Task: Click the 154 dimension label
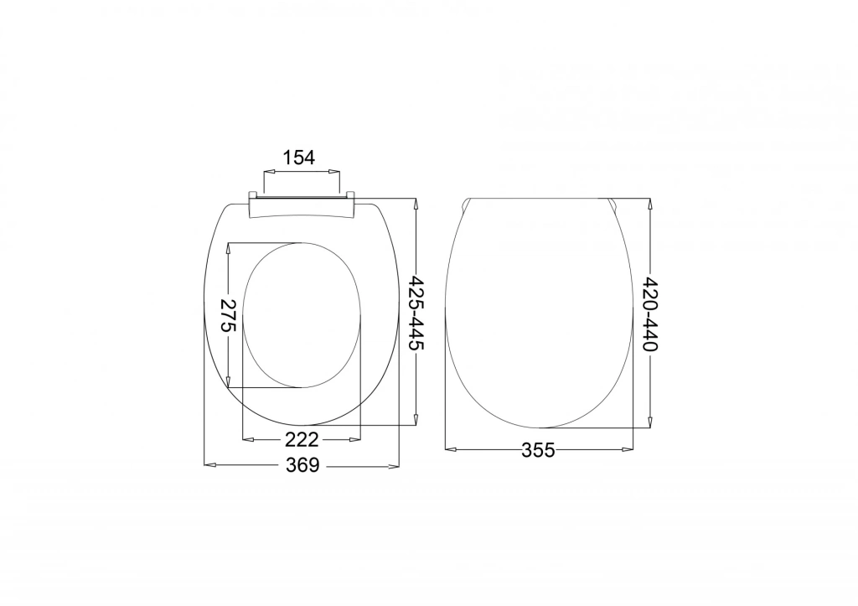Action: (299, 158)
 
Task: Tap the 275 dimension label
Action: (228, 315)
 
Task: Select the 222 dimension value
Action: (301, 439)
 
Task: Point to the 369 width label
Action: (302, 465)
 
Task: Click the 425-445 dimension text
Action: (417, 313)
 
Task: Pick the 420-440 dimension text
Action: (650, 313)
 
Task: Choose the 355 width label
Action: (538, 450)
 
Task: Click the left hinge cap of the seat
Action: (253, 194)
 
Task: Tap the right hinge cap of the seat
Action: (350, 194)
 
